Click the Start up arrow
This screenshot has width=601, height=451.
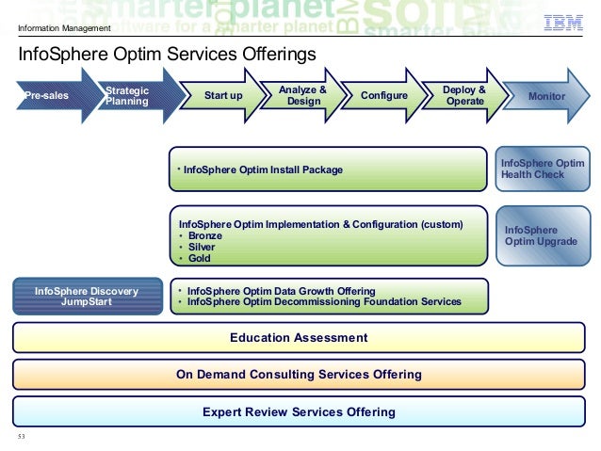pos(223,96)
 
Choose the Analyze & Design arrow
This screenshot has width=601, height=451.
pos(302,96)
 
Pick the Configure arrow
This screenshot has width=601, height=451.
pos(384,96)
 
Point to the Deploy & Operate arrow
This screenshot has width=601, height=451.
pos(463,96)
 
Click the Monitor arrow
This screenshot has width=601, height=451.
pos(546,96)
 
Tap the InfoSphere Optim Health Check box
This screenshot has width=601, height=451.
pos(543,169)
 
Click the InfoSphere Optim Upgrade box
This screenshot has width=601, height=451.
pos(543,235)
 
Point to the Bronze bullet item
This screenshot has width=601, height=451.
pos(205,235)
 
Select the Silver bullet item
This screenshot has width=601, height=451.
pos(203,247)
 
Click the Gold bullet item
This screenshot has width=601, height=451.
pos(199,258)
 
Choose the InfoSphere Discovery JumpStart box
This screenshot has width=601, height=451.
pos(86,297)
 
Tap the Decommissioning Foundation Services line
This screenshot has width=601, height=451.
pos(324,302)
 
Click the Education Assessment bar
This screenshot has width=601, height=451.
pos(300,337)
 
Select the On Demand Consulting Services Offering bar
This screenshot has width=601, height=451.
pos(300,375)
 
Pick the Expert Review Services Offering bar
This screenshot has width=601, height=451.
pos(300,411)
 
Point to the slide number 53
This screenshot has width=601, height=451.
pos(22,438)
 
